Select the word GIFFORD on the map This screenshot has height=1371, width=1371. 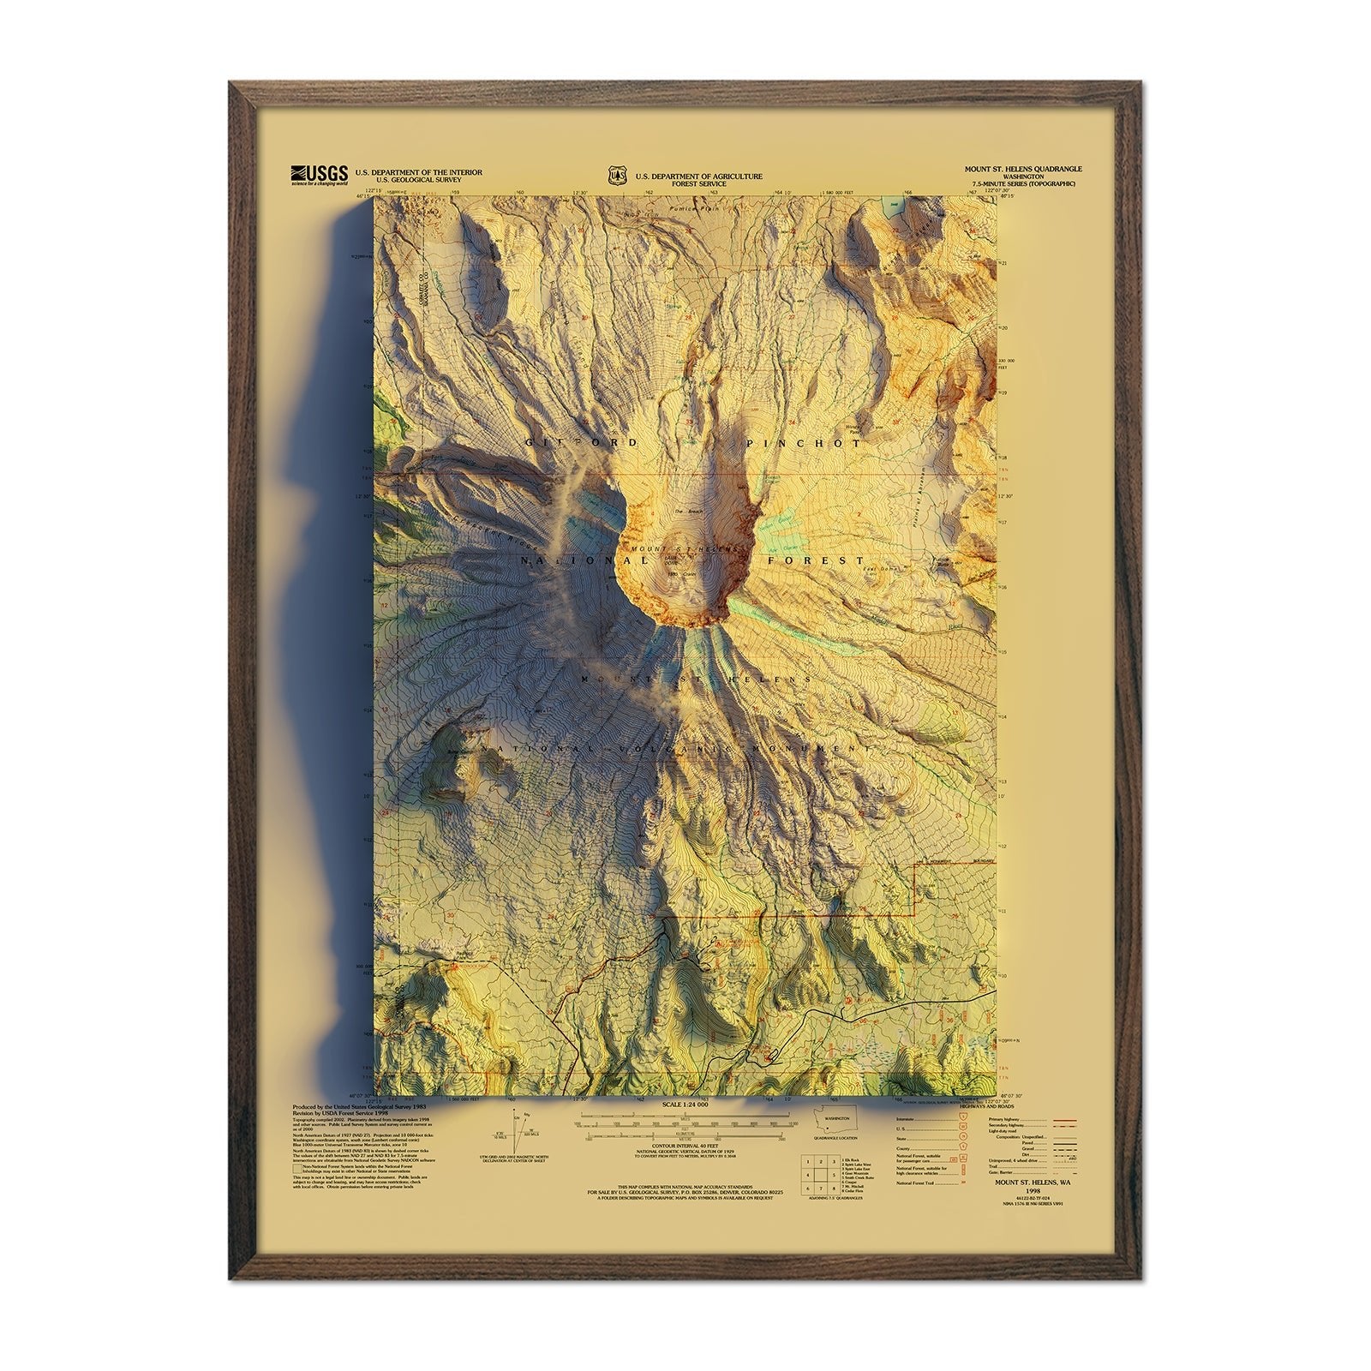[x=581, y=443]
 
